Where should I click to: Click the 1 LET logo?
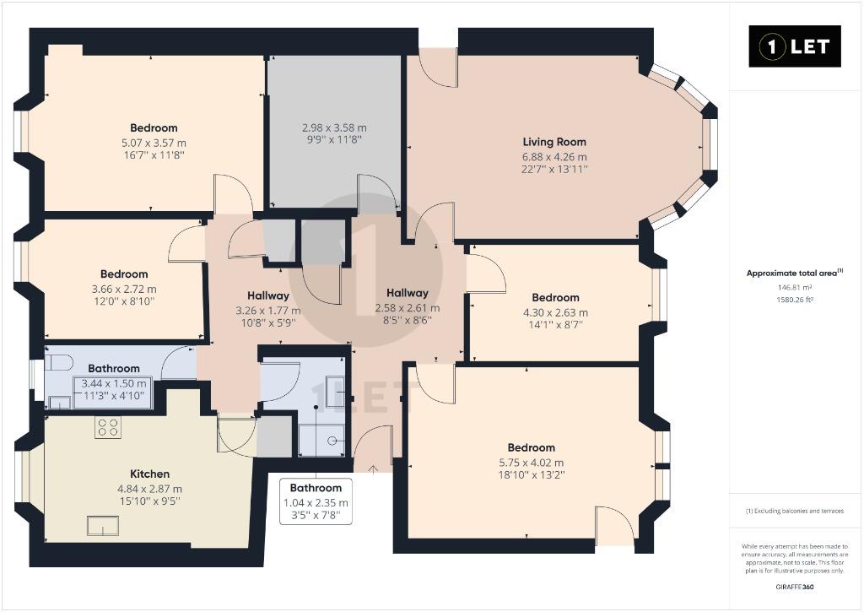pos(795,46)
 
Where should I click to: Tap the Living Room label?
pos(554,142)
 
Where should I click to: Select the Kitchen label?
pos(150,474)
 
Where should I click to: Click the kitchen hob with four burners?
pos(107,427)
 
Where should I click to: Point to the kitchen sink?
pos(103,526)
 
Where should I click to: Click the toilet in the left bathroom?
pos(60,363)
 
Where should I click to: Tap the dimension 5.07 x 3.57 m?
pos(154,143)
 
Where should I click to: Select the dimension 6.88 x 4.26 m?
pos(554,156)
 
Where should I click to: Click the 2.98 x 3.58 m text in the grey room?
pos(334,127)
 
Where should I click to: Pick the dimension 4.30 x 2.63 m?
pos(555,312)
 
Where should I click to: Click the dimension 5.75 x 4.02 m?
pos(532,463)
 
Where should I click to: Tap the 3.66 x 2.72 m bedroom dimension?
pos(124,289)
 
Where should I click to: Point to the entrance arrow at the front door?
pos(373,469)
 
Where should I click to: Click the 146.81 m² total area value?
pos(795,287)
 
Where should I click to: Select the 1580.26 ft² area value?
pos(795,300)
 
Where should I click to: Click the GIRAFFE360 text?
pos(795,587)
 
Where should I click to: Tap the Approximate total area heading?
pos(795,273)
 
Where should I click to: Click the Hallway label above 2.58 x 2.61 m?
pos(408,293)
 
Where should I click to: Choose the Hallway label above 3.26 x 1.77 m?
pos(268,295)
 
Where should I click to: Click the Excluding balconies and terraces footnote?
pos(795,511)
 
